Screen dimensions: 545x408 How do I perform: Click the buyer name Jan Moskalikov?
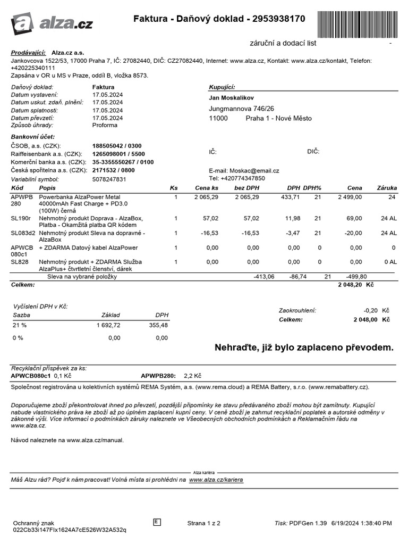[231, 98]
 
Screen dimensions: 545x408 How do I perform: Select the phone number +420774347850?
[244, 178]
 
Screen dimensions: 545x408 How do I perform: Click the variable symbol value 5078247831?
[109, 179]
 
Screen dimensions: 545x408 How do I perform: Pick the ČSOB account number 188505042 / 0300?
[117, 146]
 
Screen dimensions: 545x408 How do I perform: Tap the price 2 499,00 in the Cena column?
[350, 197]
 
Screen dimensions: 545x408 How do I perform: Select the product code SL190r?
[21, 218]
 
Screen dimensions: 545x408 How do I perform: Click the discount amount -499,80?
[356, 277]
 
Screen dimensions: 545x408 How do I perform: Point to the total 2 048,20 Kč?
[356, 285]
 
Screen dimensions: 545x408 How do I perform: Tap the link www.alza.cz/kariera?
[216, 480]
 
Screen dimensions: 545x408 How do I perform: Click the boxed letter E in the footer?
[157, 522]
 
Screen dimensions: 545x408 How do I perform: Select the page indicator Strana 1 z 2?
[203, 523]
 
